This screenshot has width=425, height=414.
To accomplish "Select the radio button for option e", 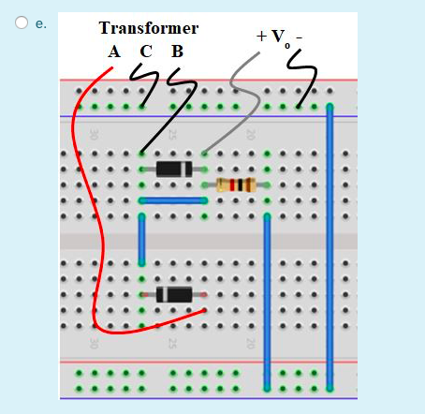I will [20, 23].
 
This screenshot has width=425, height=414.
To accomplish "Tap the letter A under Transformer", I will [113, 52].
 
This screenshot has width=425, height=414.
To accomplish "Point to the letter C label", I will [144, 52].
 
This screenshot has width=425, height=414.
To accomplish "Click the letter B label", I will [176, 52].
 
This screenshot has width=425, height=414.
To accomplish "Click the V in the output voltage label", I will [277, 36].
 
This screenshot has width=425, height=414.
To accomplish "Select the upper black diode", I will [173, 169].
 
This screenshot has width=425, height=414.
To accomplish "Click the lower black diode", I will [174, 294].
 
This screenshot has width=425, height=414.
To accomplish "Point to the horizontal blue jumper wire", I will [173, 200].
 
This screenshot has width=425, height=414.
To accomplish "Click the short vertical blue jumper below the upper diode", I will [142, 239].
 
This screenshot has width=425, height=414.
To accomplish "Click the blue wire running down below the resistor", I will [268, 300].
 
